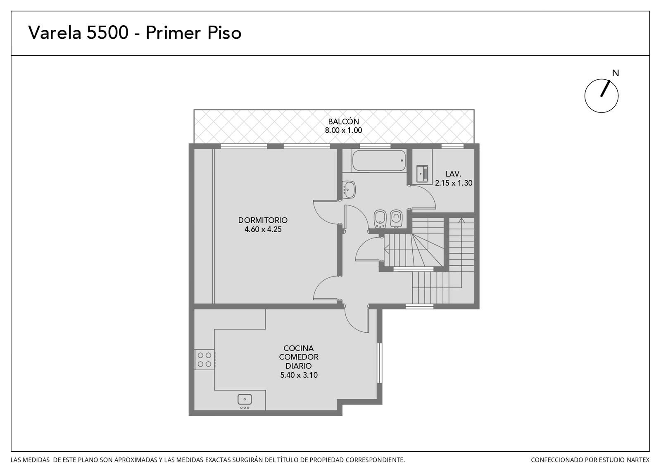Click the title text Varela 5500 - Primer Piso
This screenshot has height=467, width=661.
135,33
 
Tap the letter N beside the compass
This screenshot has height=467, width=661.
615,73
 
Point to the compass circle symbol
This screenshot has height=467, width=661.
601,95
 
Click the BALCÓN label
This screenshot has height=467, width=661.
343,121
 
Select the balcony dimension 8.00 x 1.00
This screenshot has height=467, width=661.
343,130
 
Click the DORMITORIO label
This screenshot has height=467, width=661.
263,220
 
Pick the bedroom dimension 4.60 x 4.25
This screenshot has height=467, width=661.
263,229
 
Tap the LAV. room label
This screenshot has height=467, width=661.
453,174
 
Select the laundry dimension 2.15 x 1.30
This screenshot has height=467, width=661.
454,183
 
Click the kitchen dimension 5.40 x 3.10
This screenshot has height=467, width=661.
299,375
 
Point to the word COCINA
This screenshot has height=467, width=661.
299,348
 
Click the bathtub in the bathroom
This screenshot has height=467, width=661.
379,160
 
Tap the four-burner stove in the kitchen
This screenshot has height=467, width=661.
204,360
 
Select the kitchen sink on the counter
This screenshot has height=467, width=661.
245,400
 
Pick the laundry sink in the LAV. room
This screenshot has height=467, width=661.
422,174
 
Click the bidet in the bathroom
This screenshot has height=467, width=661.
380,219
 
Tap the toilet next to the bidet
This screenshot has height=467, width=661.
396,219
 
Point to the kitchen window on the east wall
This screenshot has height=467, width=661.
380,363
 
